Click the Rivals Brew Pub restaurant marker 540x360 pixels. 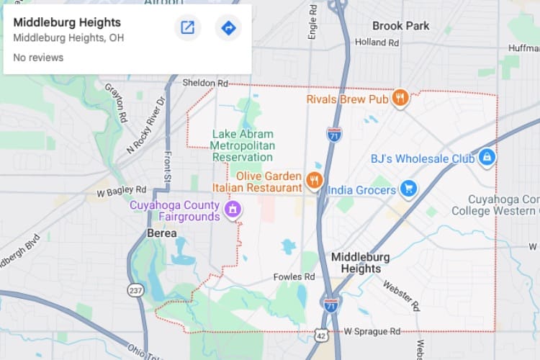(400, 98)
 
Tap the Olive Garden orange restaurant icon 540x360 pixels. (314, 180)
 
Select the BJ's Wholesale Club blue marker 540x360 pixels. (487, 156)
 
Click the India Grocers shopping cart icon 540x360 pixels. (408, 189)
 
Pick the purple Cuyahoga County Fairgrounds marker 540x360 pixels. (232, 210)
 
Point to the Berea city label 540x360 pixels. (161, 233)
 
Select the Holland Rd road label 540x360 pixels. (377, 42)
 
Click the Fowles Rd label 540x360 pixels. (294, 276)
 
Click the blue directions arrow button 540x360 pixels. (228, 28)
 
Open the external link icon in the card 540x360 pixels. (187, 28)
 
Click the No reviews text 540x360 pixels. (38, 58)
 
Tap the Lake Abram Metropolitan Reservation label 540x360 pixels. (243, 144)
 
